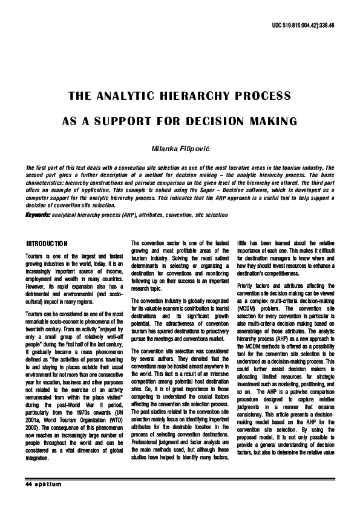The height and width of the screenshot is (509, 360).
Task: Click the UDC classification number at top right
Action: (307, 27)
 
